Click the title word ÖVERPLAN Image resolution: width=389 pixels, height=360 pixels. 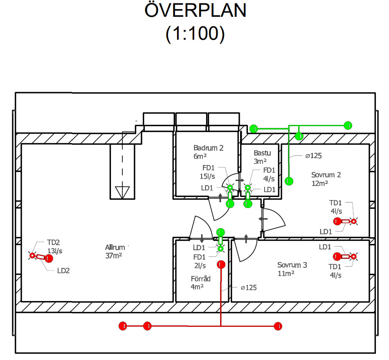click(195, 11)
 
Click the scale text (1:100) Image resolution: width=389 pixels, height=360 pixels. click(195, 34)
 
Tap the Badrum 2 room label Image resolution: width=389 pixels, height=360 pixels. click(209, 148)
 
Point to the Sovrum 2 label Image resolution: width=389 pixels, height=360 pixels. click(326, 175)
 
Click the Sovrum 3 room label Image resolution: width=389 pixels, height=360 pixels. click(292, 265)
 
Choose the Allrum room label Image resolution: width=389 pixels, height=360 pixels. click(115, 247)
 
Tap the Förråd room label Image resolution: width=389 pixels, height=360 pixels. click(200, 278)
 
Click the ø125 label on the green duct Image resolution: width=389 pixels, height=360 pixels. click(313, 156)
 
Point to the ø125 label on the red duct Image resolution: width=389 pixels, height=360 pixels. click(248, 288)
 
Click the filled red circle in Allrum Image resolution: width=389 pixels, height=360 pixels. click(49, 258)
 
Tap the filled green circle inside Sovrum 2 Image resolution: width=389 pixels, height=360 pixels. click(289, 181)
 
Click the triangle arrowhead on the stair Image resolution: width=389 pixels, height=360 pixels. click(122, 191)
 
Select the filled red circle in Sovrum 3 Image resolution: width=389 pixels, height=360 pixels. click(337, 257)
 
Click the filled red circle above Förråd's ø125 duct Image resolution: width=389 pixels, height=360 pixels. click(221, 265)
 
